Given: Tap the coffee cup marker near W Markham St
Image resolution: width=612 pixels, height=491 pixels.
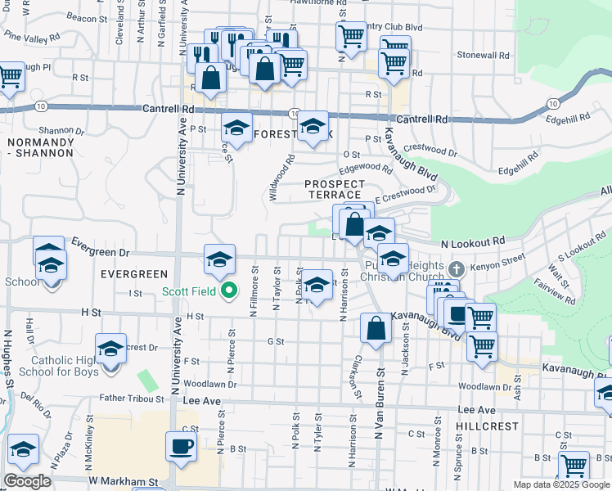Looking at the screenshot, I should pos(181,446).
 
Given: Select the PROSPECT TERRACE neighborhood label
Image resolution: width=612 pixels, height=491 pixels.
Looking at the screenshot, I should pos(333,189).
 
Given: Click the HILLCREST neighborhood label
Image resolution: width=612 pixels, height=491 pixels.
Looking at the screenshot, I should pos(488,426).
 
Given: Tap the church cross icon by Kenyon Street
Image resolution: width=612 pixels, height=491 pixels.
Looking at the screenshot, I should pos(457,268).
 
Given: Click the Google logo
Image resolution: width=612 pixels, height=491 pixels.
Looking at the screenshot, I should pos(27,481).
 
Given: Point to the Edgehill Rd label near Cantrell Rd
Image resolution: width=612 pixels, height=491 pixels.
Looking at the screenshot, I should pos(573,118).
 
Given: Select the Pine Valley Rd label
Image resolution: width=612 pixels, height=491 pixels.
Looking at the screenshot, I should pos(32,37).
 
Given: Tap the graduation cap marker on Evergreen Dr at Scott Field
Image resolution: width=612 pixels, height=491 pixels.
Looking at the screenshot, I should pos(219,259).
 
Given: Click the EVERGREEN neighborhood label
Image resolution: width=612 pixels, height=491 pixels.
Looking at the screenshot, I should pos(134,273).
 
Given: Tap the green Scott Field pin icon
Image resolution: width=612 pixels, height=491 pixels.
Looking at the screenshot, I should pos(230,290).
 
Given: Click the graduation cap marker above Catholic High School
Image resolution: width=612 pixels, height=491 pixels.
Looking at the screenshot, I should pos(111,349).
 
